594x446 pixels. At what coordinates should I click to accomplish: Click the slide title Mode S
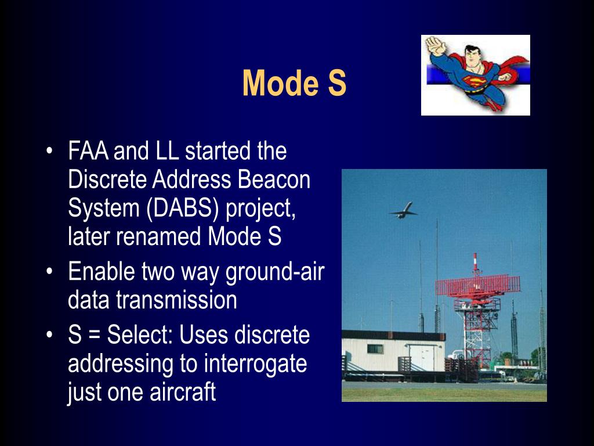pyautogui.click(x=294, y=82)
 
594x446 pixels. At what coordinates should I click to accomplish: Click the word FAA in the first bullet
pyautogui.click(x=88, y=151)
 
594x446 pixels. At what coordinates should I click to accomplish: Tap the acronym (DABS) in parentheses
pyautogui.click(x=183, y=208)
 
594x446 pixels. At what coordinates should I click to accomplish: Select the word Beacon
pyautogui.click(x=274, y=179)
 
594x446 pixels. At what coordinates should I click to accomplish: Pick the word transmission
pyautogui.click(x=176, y=300)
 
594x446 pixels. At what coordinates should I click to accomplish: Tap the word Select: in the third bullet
pyautogui.click(x=140, y=335)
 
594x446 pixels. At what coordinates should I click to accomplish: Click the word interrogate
pyautogui.click(x=255, y=365)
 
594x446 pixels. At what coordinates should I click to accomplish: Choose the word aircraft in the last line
pyautogui.click(x=183, y=392)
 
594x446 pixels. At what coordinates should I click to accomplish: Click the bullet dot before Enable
pyautogui.click(x=49, y=272)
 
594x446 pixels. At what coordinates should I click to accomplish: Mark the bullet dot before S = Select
pyautogui.click(x=49, y=335)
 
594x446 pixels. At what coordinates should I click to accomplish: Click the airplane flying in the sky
pyautogui.click(x=403, y=210)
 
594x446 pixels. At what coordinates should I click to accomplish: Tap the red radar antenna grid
pyautogui.click(x=478, y=286)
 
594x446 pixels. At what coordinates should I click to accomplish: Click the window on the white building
pyautogui.click(x=375, y=349)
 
